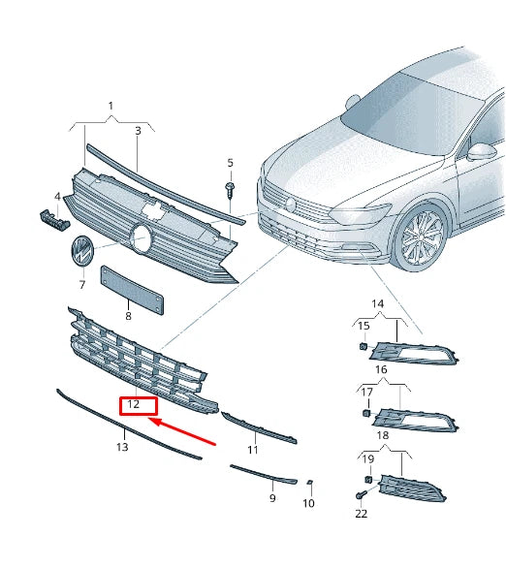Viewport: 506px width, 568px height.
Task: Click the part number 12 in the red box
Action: [x=135, y=404]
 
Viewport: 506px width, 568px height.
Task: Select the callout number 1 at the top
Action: [x=111, y=105]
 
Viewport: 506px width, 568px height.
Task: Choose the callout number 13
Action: [x=121, y=447]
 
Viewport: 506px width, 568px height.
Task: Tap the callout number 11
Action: [x=252, y=450]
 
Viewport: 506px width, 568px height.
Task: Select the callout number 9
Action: [x=272, y=498]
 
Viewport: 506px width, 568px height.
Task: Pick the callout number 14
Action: [x=378, y=304]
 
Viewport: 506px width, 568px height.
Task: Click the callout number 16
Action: [x=381, y=370]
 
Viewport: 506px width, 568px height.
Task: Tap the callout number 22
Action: [x=362, y=514]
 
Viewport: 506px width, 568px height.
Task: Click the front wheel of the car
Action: [x=424, y=237]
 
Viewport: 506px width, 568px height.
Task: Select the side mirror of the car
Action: [x=481, y=152]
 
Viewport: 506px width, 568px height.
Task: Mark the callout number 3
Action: [x=138, y=129]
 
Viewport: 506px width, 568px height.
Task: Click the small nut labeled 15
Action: [x=363, y=347]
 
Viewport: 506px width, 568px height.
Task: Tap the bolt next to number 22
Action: [x=361, y=495]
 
